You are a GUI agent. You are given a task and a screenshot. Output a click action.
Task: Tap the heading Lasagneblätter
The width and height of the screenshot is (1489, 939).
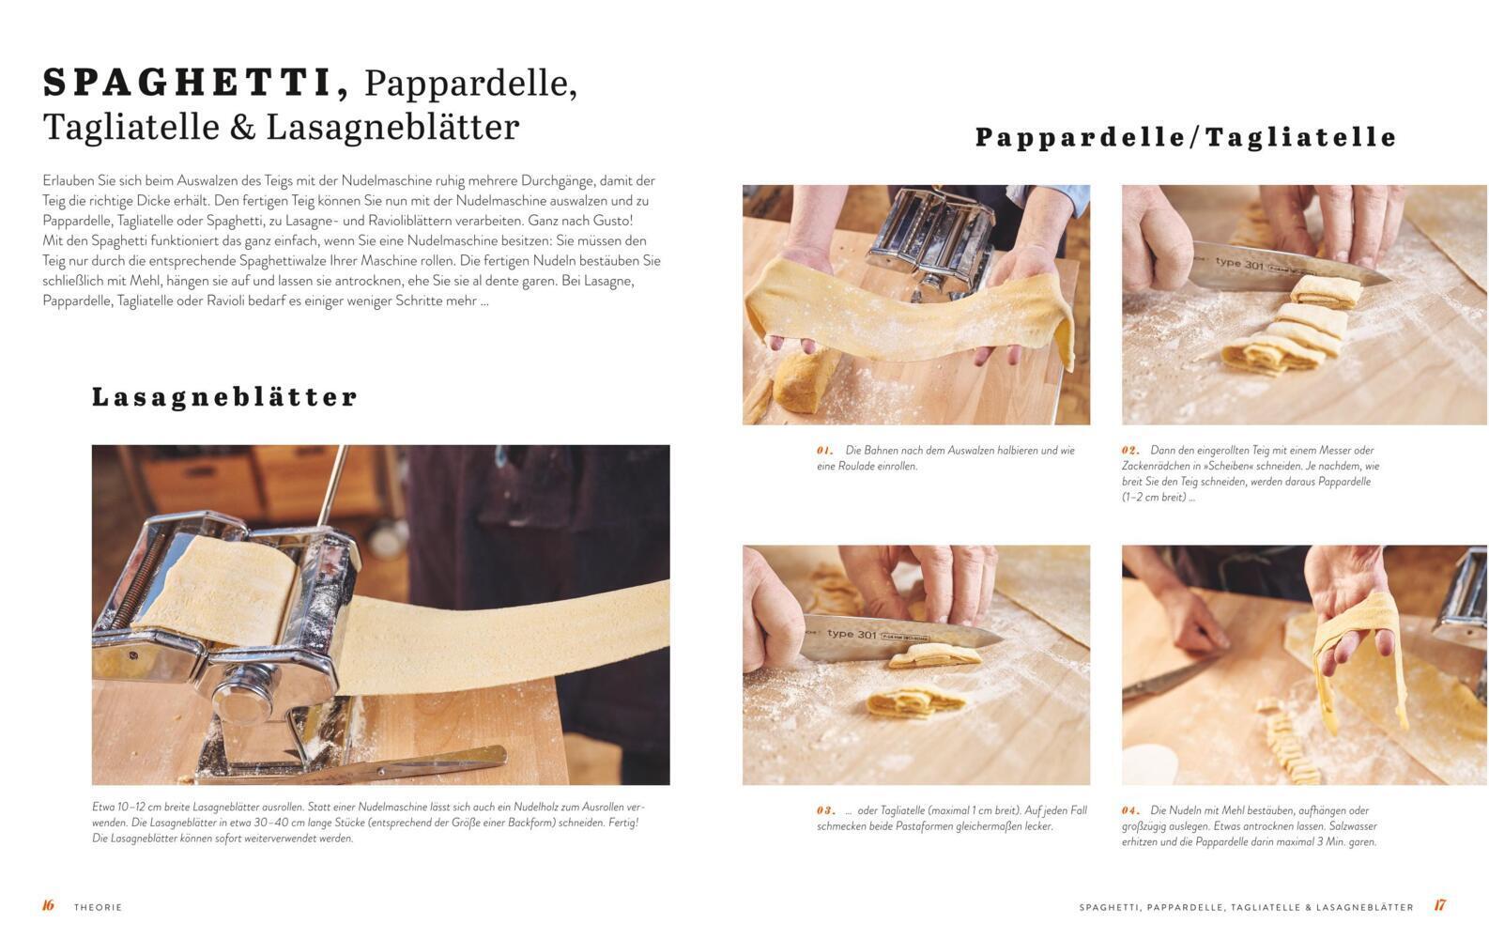224,397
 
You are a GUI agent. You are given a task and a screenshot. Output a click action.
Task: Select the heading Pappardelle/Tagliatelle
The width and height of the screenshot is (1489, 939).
1186,137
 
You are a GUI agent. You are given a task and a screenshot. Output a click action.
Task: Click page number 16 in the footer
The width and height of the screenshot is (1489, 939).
48,905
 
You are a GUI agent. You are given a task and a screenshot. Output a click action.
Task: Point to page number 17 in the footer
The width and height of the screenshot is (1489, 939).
1440,905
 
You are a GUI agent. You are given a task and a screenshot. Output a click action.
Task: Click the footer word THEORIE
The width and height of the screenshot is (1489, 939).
99,907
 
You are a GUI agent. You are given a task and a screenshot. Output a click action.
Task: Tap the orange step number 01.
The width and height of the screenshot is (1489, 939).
825,450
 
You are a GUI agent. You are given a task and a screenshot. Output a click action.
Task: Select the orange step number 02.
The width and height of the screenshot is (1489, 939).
1130,450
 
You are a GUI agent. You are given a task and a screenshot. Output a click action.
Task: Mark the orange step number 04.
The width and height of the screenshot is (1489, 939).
1130,810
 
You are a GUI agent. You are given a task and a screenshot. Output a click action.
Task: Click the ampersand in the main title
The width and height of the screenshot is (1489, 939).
242,127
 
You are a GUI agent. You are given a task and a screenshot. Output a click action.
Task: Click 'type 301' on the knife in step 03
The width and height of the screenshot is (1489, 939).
852,634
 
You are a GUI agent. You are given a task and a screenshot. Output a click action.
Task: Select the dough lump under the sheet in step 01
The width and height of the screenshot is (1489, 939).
804,381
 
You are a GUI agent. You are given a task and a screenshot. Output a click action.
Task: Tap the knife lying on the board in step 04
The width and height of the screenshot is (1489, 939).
1170,678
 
